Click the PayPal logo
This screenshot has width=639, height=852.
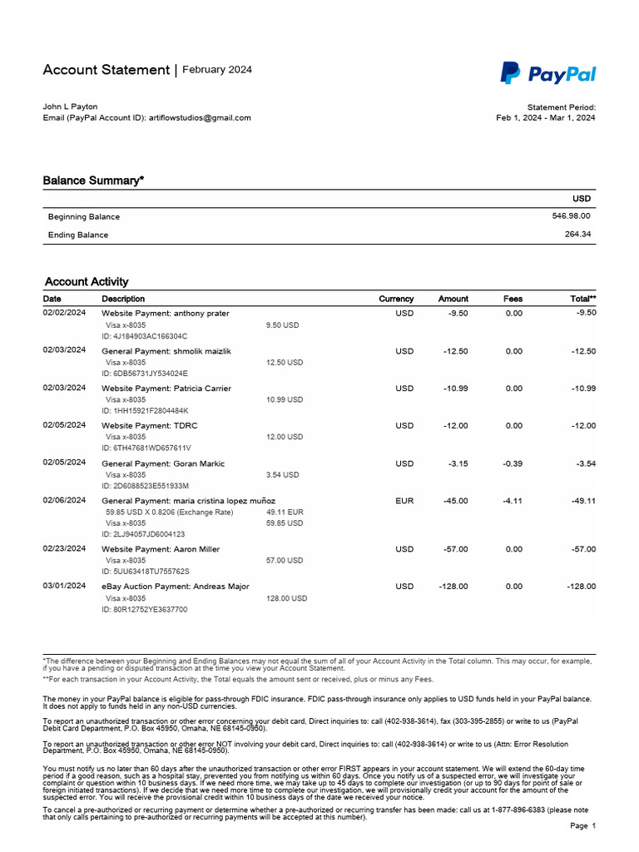(x=547, y=74)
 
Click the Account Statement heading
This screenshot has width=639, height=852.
(x=106, y=70)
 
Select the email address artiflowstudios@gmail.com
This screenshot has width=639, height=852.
(x=199, y=118)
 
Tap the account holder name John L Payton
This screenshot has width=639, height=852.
(x=70, y=106)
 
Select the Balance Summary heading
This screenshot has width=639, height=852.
(x=93, y=180)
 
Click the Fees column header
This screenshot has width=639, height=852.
(x=513, y=299)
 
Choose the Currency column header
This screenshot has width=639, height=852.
(x=396, y=299)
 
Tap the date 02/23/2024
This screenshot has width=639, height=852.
(x=64, y=549)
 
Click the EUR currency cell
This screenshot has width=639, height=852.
(x=404, y=501)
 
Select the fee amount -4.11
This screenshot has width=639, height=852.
(x=513, y=501)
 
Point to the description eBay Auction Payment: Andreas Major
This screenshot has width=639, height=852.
(x=175, y=587)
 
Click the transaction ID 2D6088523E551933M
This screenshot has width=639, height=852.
(x=146, y=486)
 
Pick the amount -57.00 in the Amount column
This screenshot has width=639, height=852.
(x=455, y=549)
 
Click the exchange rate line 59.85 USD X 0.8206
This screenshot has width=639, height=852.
(x=169, y=513)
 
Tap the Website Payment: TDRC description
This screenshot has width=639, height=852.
(x=150, y=426)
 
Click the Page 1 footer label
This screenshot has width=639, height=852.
(x=582, y=826)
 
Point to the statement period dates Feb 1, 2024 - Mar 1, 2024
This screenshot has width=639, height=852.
(x=545, y=118)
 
